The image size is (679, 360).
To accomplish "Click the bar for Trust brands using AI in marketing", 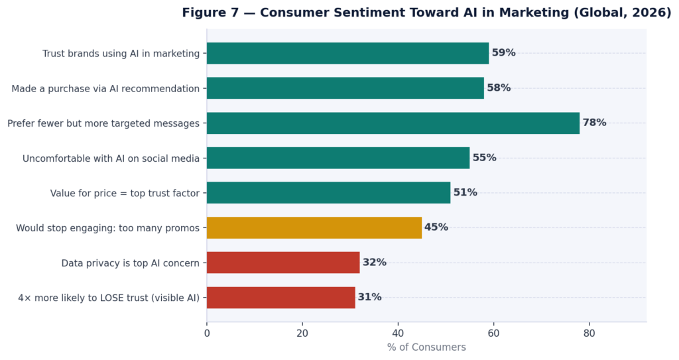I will coord(347,53).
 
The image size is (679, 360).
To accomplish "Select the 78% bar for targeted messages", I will coord(393,123).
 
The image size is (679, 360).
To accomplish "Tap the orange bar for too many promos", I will coord(314,227).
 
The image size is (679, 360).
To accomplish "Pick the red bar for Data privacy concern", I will coord(282,263).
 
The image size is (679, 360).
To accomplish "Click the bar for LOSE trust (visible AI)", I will coord(280,297).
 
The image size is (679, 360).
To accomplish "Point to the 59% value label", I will coord(503,53).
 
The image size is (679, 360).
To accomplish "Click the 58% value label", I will coord(499,88).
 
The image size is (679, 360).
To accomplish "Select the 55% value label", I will coord(484,158).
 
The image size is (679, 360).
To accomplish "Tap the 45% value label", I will coord(436,227).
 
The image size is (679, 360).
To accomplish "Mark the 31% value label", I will coord(369,297).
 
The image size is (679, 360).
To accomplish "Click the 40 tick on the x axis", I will coord(398,333).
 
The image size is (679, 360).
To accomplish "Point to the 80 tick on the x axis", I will coord(589,333).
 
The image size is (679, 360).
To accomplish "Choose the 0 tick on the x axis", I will coord(207,333).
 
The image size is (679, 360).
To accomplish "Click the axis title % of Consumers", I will coord(426,347).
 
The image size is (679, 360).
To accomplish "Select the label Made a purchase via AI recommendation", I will coord(105,88).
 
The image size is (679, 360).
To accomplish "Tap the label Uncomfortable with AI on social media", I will coord(111,158).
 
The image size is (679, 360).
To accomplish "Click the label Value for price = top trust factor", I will coord(125,194).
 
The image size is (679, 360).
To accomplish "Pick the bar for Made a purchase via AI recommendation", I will coord(345,88).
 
